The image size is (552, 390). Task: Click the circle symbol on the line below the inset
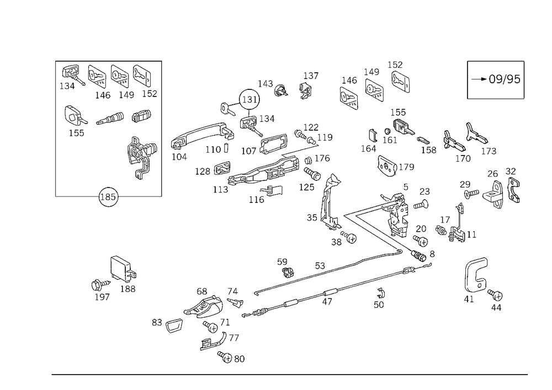[108, 197]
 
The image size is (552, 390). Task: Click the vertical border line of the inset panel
[161, 127]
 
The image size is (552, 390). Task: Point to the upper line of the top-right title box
[495, 60]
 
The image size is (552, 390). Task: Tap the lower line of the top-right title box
[495, 100]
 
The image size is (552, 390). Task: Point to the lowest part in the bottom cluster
[232, 359]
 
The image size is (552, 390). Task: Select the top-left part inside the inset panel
[70, 74]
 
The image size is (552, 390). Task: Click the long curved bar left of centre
[199, 135]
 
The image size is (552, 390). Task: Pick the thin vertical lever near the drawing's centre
[326, 196]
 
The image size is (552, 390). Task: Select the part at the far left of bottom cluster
[171, 325]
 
